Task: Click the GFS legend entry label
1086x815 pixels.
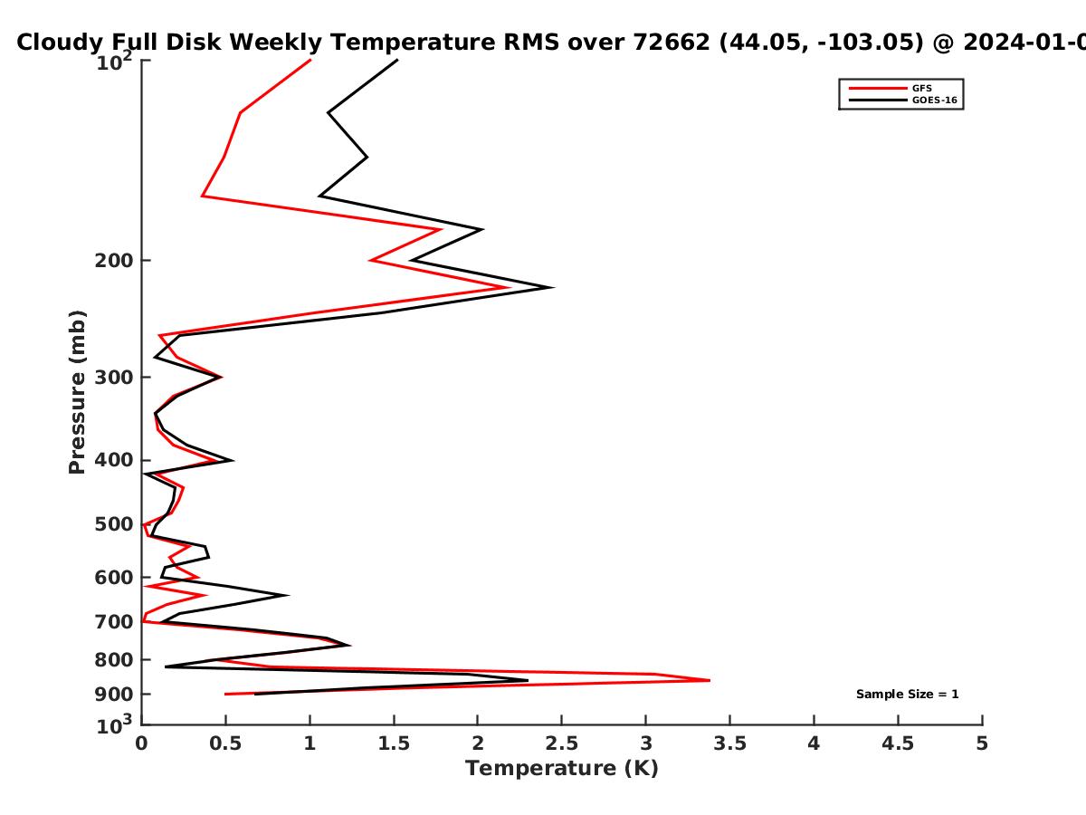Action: pyautogui.click(x=921, y=88)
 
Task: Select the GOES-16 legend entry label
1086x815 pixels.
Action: pyautogui.click(x=935, y=100)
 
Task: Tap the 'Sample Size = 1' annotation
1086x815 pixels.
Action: pyautogui.click(x=908, y=695)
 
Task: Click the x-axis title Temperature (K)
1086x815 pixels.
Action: pyautogui.click(x=562, y=769)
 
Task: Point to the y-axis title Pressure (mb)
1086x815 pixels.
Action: pyautogui.click(x=77, y=392)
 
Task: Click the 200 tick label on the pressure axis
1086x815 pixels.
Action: pyautogui.click(x=114, y=260)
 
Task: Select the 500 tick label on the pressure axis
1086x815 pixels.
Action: pyautogui.click(x=114, y=524)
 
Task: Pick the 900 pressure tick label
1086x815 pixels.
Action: pyautogui.click(x=114, y=695)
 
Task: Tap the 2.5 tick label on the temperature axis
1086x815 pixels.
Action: pyautogui.click(x=562, y=743)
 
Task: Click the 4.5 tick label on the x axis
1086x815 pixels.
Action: pyautogui.click(x=898, y=743)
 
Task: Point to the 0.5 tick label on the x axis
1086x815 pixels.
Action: pyautogui.click(x=225, y=743)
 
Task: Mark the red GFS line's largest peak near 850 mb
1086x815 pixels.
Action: pyautogui.click(x=710, y=680)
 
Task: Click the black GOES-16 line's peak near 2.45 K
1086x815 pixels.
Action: pyautogui.click(x=553, y=287)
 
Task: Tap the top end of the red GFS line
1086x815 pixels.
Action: pyautogui.click(x=310, y=60)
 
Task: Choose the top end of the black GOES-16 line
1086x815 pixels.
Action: pyautogui.click(x=397, y=60)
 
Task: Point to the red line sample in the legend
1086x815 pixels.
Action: pyautogui.click(x=878, y=88)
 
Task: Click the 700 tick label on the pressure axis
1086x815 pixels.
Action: pyautogui.click(x=114, y=621)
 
